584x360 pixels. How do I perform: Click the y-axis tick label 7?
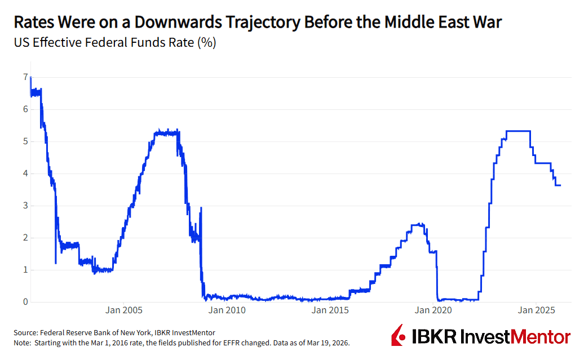click(25, 77)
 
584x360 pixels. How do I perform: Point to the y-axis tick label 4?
click(25, 173)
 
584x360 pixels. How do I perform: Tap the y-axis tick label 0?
click(25, 301)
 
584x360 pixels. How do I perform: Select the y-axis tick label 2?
click(25, 237)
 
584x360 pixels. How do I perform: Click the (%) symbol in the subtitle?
click(206, 43)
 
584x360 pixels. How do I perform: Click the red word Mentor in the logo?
click(541, 337)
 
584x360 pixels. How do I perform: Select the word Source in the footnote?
click(26, 333)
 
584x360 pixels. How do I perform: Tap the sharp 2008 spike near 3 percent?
click(201, 208)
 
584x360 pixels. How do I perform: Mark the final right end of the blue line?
click(560, 185)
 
